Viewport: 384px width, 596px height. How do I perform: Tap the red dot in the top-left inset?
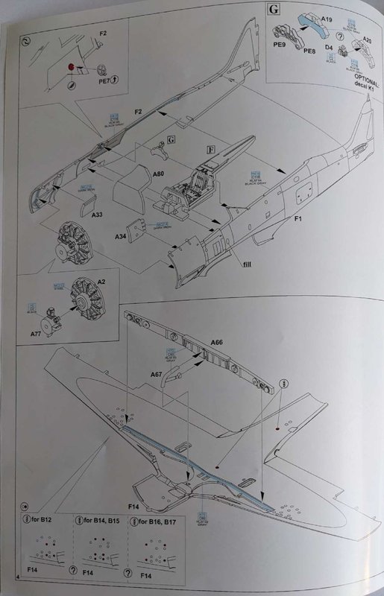point(72,66)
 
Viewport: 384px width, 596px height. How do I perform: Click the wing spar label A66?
point(216,342)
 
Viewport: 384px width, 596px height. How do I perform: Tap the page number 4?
point(16,578)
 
